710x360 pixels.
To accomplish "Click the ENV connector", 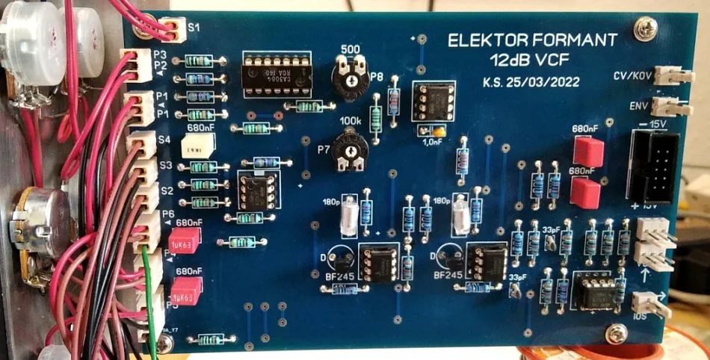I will click(x=667, y=105).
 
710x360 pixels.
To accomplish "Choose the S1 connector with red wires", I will click(x=174, y=30).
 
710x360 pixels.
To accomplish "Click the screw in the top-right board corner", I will click(x=643, y=31).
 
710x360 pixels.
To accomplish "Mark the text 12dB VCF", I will click(x=531, y=58).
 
